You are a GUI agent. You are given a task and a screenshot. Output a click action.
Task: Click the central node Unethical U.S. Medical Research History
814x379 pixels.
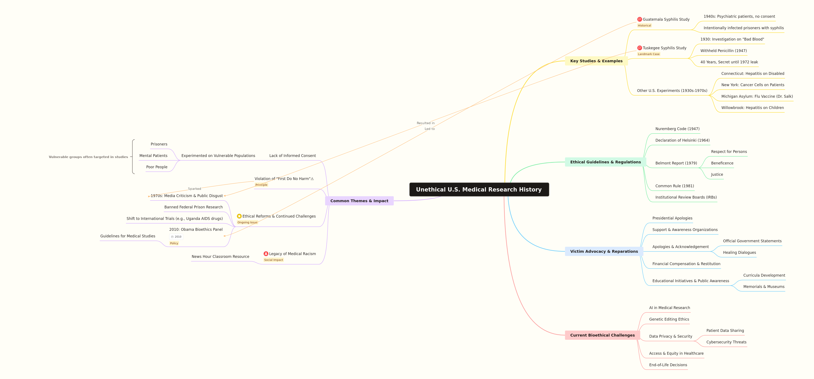[x=479, y=189]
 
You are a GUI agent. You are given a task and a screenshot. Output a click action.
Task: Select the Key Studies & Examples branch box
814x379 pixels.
[x=596, y=61]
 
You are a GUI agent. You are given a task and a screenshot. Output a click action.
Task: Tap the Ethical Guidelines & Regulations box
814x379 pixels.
[x=605, y=162]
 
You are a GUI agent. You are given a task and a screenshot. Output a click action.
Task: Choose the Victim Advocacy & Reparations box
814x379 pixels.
[x=604, y=251]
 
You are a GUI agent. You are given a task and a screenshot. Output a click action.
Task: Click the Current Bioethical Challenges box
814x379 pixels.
[x=602, y=335]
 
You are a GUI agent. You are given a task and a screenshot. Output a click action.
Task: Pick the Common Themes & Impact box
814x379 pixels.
[x=359, y=201]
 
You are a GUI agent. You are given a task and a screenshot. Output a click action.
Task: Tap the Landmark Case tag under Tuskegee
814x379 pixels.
[x=648, y=54]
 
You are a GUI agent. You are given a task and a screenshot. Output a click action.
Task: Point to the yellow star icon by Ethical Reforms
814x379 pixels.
[x=239, y=216]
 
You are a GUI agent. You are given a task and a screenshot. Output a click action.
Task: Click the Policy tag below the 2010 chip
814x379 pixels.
[x=174, y=243]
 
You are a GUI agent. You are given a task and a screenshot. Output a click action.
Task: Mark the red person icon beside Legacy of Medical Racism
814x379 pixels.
[x=266, y=254]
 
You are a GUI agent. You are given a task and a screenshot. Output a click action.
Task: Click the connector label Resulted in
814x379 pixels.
[x=425, y=123]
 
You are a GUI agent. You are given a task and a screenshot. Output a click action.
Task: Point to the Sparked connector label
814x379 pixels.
[x=194, y=189]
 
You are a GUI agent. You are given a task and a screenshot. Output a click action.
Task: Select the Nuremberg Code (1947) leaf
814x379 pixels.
[x=677, y=129]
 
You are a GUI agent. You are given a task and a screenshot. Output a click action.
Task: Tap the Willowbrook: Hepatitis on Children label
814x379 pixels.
[x=752, y=108]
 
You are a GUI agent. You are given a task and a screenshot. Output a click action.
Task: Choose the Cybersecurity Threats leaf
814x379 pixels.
[x=726, y=342]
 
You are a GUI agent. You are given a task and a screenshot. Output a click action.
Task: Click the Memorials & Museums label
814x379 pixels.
[x=764, y=287]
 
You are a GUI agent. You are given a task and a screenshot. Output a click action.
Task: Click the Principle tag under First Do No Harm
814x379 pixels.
[x=261, y=185]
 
